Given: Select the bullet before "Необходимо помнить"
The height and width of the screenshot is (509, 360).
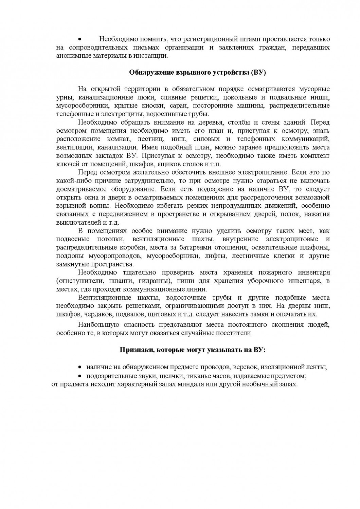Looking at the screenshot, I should coord(79,40).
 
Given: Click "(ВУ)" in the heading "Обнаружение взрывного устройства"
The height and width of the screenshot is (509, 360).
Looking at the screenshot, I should coord(258,72).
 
